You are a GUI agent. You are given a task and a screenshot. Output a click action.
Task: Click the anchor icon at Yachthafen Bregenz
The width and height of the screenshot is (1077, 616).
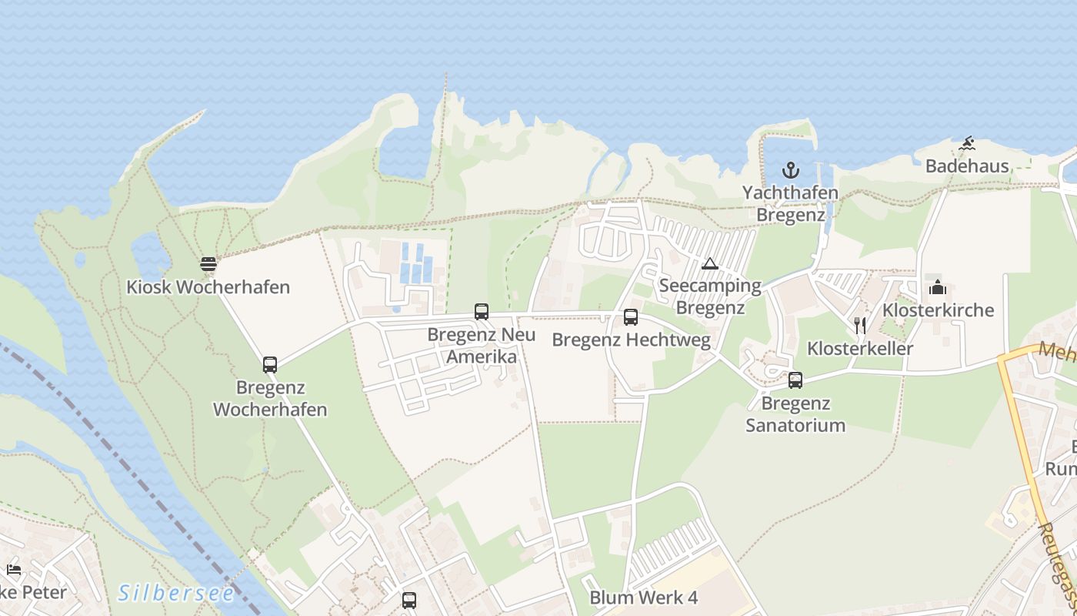click(790, 170)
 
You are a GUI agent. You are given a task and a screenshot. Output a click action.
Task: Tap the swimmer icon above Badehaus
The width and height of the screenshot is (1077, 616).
click(967, 144)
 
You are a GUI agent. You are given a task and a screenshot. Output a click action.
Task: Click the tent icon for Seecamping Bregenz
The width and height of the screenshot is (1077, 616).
click(709, 264)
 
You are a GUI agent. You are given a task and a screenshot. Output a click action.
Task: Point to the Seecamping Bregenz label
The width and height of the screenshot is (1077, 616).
click(710, 296)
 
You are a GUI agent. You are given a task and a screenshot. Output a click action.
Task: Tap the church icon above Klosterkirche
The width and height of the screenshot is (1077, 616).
click(938, 288)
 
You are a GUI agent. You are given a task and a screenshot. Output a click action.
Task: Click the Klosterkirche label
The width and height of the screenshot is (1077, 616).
click(939, 310)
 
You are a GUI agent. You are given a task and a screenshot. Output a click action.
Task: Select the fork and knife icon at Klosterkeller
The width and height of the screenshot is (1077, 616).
click(860, 326)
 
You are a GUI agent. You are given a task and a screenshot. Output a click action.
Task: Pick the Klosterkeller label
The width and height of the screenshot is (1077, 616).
click(860, 348)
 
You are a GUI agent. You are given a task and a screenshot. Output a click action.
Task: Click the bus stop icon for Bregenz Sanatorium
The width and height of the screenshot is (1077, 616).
click(795, 380)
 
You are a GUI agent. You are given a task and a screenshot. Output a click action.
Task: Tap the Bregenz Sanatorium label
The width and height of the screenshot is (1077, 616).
click(795, 414)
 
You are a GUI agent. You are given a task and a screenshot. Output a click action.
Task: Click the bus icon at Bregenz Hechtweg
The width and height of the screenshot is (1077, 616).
click(631, 316)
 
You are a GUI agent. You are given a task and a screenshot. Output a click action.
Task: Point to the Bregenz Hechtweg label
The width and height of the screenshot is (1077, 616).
click(631, 340)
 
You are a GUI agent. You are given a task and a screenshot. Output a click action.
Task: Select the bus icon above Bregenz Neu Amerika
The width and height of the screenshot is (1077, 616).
click(482, 312)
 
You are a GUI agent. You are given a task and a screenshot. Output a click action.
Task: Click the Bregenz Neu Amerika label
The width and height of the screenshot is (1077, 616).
click(482, 346)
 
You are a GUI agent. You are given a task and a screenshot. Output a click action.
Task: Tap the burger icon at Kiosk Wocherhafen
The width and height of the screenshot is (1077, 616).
click(208, 265)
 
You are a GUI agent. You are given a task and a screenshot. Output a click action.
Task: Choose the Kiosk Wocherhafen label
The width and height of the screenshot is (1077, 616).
click(208, 287)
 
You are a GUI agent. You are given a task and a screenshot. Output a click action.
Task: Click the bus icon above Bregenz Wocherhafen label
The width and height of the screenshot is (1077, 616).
click(270, 365)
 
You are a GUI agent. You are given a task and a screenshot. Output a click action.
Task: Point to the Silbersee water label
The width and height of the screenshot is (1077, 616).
click(177, 593)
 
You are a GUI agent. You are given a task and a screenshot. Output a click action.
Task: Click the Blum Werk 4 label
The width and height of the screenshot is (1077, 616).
click(643, 598)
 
